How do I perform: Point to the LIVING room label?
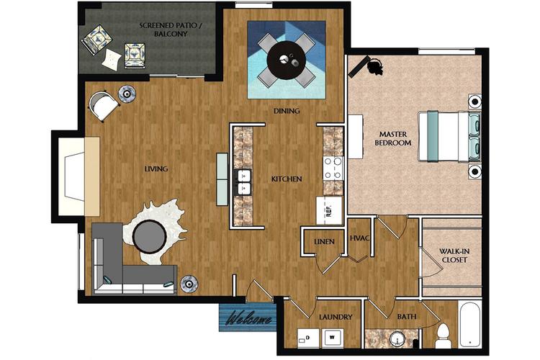point(156,169)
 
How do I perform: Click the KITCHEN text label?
point(286,179)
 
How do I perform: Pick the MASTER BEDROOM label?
point(393,138)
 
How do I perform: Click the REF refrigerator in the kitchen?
point(330,211)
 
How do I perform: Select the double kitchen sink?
point(243,182)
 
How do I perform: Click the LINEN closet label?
point(323,242)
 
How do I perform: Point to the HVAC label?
point(359,238)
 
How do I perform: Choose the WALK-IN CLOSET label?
point(454,256)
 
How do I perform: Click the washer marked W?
point(333,336)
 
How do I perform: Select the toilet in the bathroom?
point(444,336)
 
